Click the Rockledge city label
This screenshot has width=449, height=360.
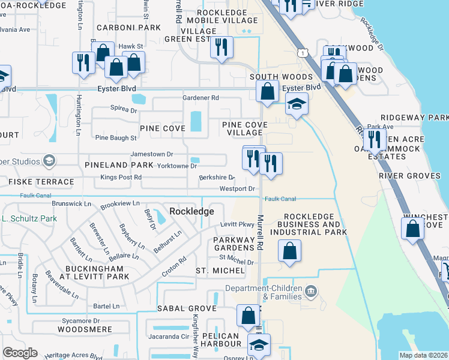click(192, 211)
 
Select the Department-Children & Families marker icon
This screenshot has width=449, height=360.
click(310, 292)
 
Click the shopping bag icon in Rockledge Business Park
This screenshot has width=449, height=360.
click(289, 251)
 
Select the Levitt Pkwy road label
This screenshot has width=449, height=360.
click(238, 224)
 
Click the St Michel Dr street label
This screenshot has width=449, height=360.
click(237, 262)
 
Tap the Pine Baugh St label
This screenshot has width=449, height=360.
click(116, 138)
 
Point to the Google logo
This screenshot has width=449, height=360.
click(20, 353)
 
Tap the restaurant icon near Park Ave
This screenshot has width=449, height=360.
click(374, 140)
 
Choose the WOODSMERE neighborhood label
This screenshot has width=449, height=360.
click(84, 329)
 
